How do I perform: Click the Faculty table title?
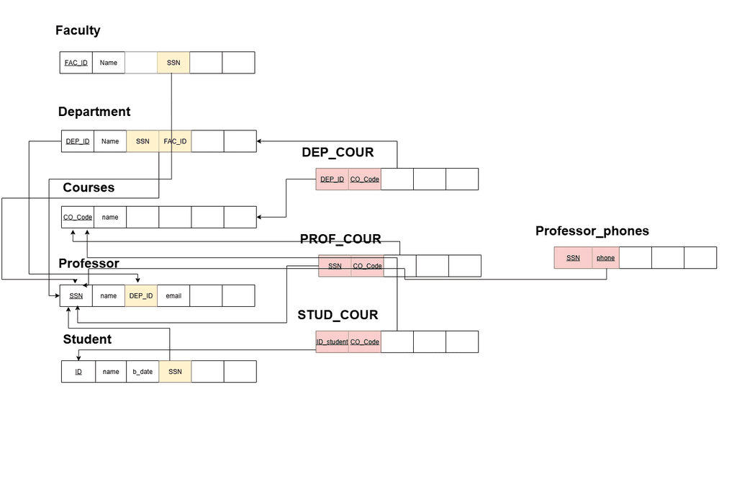pyautogui.click(x=78, y=30)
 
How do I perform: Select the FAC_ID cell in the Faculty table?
pyautogui.click(x=76, y=63)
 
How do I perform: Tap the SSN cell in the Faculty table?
pyautogui.click(x=173, y=63)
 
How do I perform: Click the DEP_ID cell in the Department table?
pyautogui.click(x=78, y=141)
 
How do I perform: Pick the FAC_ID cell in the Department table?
pyautogui.click(x=175, y=141)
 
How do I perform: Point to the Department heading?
pyautogui.click(x=94, y=112)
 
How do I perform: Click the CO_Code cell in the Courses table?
pyautogui.click(x=78, y=217)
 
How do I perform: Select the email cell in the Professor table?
pyautogui.click(x=173, y=295)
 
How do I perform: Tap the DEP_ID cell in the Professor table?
pyautogui.click(x=141, y=295)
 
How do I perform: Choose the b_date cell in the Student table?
pyautogui.click(x=143, y=372)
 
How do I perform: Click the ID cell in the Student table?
pyautogui.click(x=78, y=372)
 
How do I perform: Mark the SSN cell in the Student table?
pyautogui.click(x=175, y=372)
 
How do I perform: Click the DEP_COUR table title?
pyautogui.click(x=338, y=152)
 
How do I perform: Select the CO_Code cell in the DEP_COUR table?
pyautogui.click(x=365, y=179)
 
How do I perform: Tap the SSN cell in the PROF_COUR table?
pyautogui.click(x=335, y=266)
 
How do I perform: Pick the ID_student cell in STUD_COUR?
pyautogui.click(x=332, y=342)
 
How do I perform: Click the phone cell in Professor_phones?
pyautogui.click(x=605, y=258)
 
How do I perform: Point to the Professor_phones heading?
pyautogui.click(x=592, y=231)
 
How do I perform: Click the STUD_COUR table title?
pyautogui.click(x=338, y=315)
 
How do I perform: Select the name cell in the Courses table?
pyautogui.click(x=110, y=217)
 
